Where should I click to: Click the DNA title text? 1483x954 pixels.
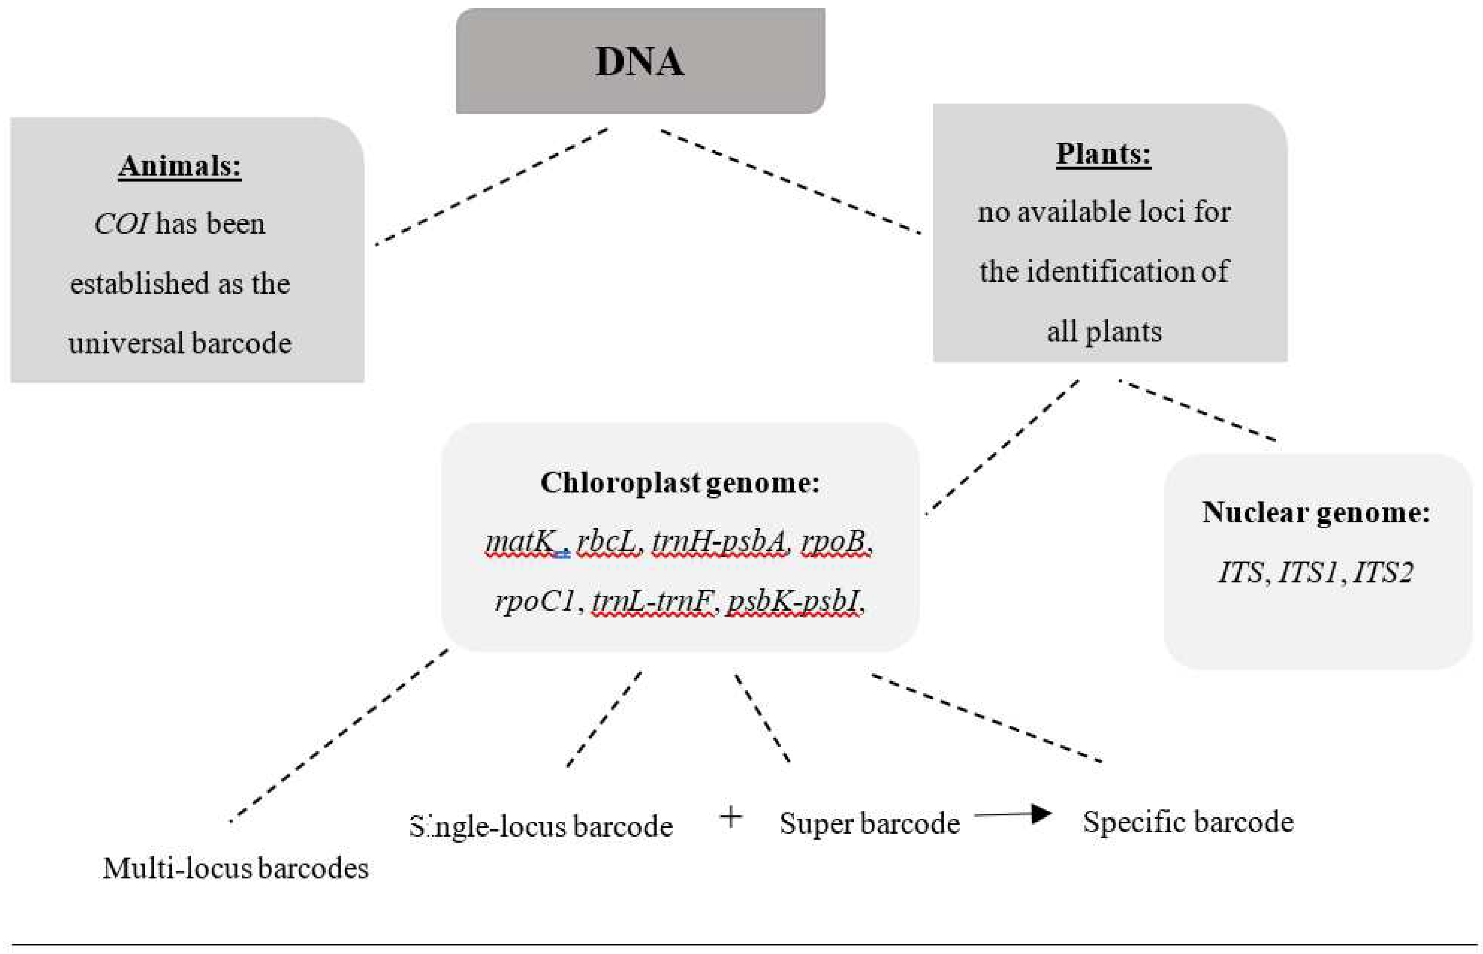(640, 61)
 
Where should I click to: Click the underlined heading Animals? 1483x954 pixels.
(180, 166)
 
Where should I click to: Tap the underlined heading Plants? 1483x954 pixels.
(1103, 154)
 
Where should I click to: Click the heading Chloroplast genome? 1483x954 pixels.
(680, 483)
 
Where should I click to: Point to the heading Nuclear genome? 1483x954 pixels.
(1316, 512)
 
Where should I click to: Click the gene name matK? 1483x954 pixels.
(521, 542)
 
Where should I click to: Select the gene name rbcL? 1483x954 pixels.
(607, 542)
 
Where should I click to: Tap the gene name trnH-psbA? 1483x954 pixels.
(719, 542)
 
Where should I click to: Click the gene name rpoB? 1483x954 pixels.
(833, 542)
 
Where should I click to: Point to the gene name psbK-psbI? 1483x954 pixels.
(793, 601)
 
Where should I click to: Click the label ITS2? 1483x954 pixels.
(1383, 572)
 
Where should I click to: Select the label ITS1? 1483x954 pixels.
(1308, 572)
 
